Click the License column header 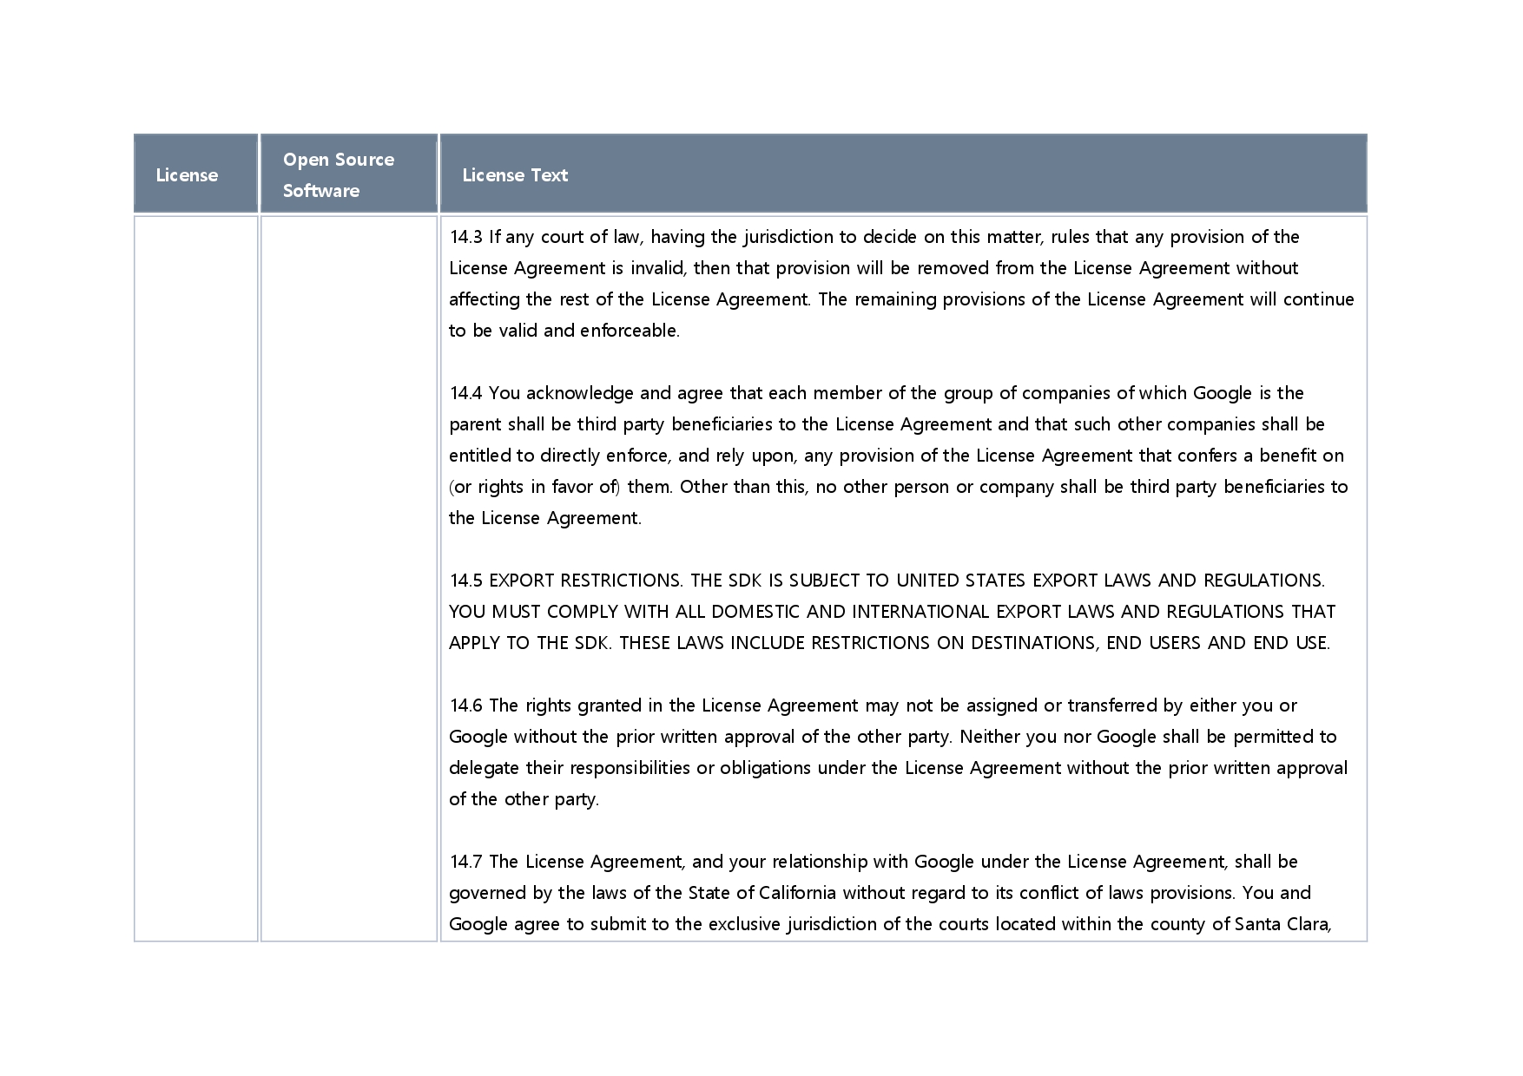tap(187, 175)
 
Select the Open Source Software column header tap(339, 175)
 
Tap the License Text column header tap(515, 175)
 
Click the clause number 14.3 tap(465, 237)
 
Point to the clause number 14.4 tap(465, 393)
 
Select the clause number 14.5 tap(465, 581)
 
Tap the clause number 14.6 tap(465, 705)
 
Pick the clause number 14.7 tap(465, 862)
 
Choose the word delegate tap(484, 768)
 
